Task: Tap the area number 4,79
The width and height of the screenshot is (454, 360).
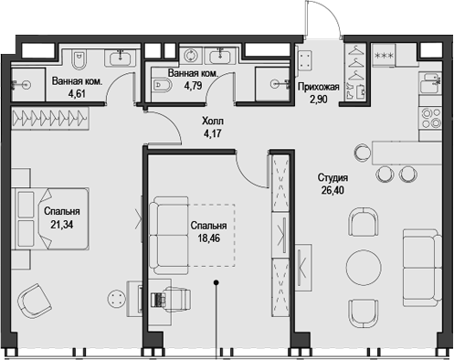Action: coord(192,87)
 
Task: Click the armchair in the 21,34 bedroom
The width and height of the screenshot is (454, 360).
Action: coord(37,301)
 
